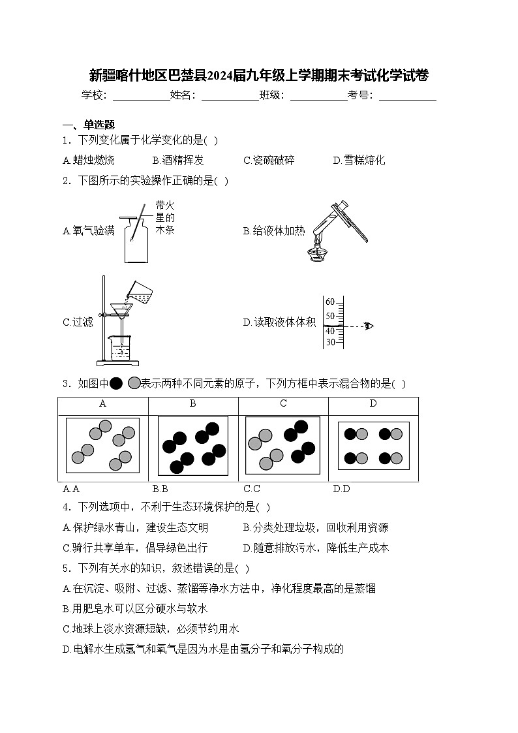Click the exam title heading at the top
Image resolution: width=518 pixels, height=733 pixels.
click(x=259, y=75)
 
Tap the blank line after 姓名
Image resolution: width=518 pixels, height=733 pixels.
click(x=230, y=96)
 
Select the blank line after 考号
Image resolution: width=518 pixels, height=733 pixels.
click(x=407, y=96)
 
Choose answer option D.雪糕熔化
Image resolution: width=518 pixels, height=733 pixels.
click(x=359, y=160)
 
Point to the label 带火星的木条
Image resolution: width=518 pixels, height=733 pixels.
click(x=165, y=217)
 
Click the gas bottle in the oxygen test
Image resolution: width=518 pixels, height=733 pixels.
click(x=136, y=242)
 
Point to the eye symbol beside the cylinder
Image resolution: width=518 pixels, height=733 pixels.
click(x=369, y=326)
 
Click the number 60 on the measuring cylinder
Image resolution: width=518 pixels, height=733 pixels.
click(x=330, y=302)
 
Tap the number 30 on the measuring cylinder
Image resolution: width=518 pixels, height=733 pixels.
click(x=330, y=342)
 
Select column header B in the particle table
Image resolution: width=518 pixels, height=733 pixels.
click(x=192, y=403)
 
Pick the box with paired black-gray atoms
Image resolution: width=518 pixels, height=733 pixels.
click(x=373, y=446)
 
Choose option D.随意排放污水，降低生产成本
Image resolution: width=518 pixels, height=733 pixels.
click(x=316, y=548)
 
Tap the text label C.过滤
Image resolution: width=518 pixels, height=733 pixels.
click(x=78, y=322)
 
